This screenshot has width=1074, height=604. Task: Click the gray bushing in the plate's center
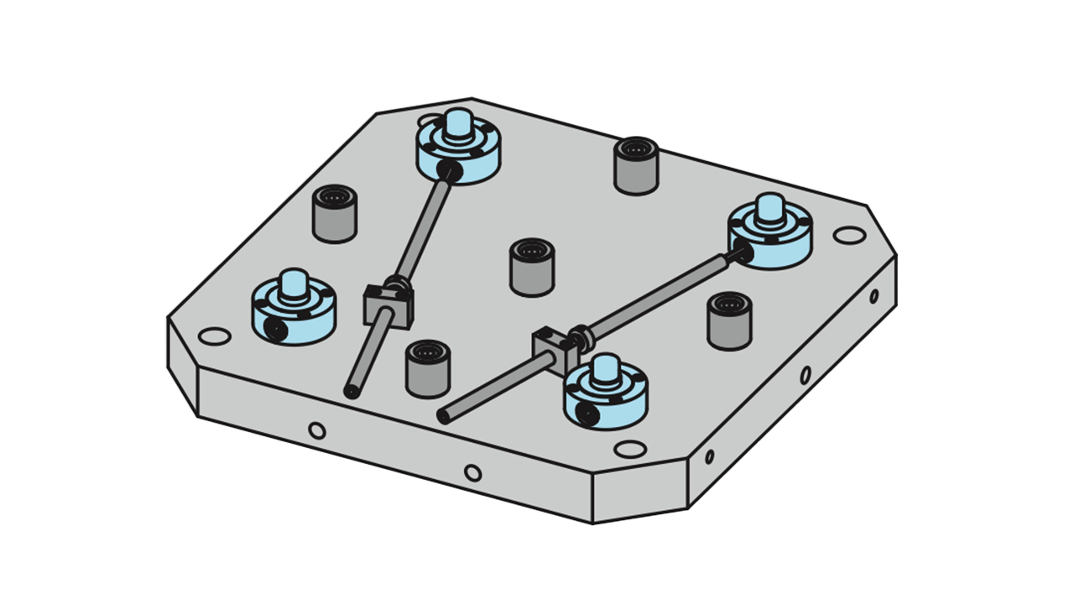(532, 268)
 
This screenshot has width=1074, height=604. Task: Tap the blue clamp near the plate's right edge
(769, 235)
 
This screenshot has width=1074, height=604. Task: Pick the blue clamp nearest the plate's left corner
(294, 310)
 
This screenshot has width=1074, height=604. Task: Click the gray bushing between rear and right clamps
(636, 166)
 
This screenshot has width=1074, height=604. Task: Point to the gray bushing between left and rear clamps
(335, 215)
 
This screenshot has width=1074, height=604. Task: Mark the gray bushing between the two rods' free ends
(427, 370)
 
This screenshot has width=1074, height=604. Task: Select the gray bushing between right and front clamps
(729, 321)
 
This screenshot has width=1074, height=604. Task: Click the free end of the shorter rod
(352, 391)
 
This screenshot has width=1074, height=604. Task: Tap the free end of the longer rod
(444, 415)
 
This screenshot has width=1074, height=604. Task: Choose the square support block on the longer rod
(548, 346)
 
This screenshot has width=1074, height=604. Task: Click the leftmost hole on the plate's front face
(316, 431)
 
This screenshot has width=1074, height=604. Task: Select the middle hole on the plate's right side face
(805, 375)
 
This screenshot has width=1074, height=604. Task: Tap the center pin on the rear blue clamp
(459, 126)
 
